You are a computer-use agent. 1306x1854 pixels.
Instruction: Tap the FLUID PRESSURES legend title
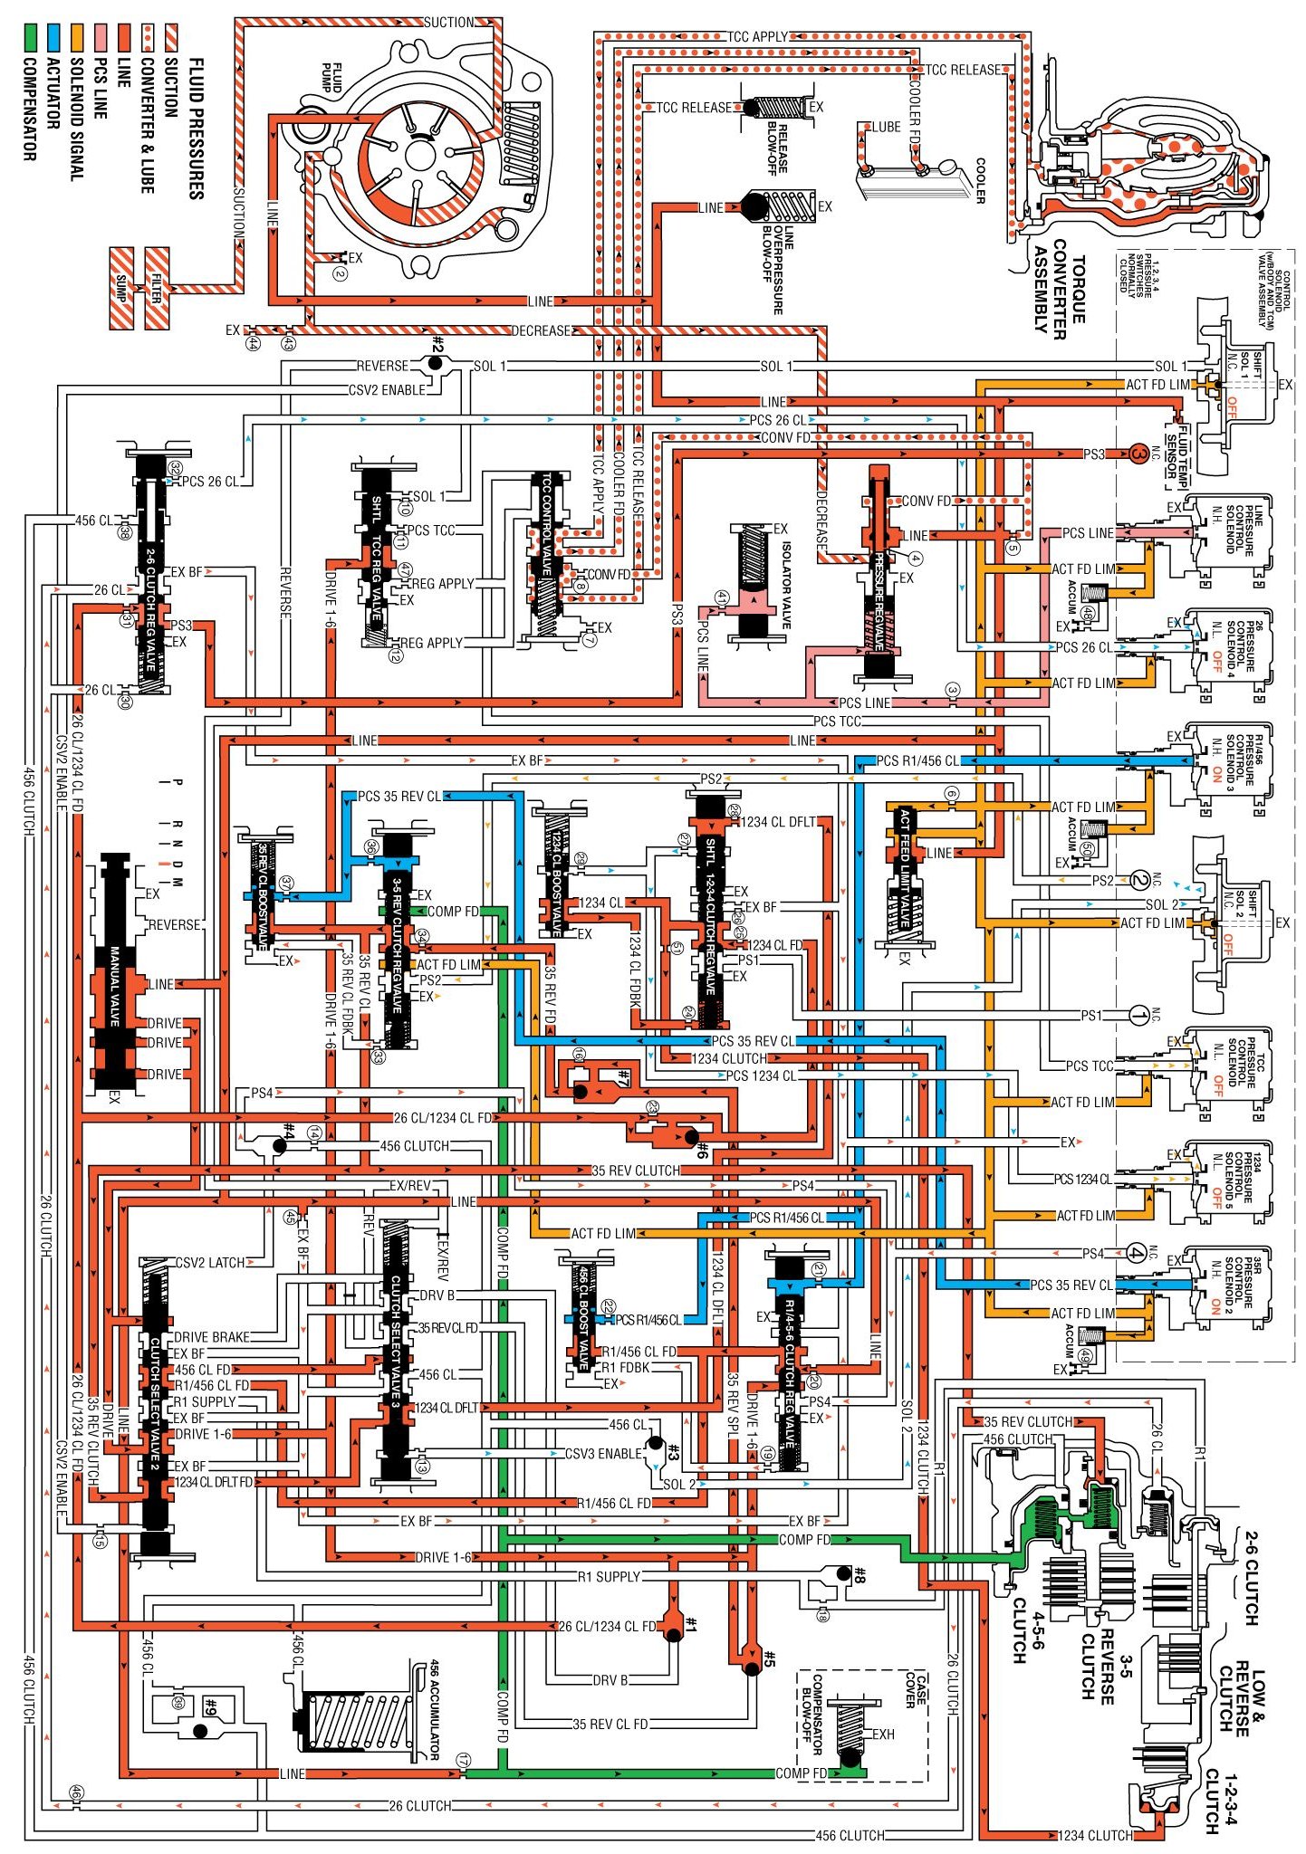point(196,128)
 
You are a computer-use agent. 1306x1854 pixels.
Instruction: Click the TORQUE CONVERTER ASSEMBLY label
point(1059,290)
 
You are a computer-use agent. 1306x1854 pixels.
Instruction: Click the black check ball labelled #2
point(436,363)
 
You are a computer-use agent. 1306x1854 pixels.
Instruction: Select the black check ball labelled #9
point(200,1730)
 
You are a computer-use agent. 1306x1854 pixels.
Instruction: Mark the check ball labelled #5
point(751,1668)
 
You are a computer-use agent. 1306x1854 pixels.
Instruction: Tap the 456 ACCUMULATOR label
point(434,1709)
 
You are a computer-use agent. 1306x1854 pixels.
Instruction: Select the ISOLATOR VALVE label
point(786,585)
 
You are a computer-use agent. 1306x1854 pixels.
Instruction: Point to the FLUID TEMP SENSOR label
point(1176,448)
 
